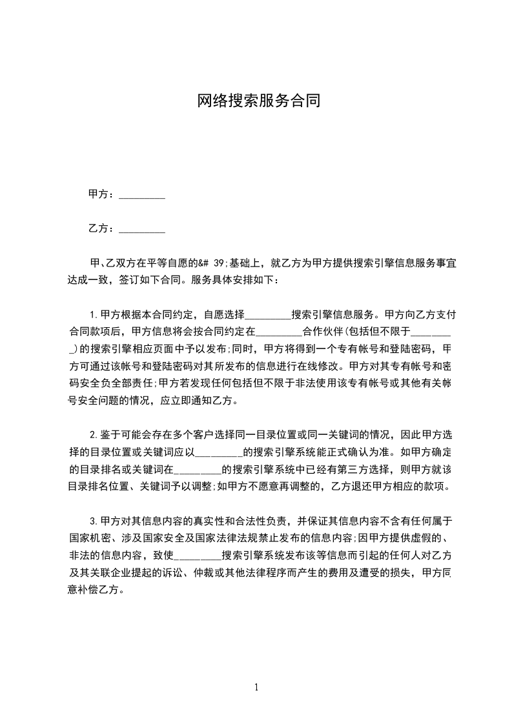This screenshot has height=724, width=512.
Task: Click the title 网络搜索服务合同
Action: click(258, 101)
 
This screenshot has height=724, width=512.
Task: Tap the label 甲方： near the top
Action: click(101, 194)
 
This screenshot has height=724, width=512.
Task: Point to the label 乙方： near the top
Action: click(101, 228)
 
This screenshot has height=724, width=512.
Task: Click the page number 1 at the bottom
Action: click(257, 687)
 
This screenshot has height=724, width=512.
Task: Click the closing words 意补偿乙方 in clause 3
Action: click(94, 588)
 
